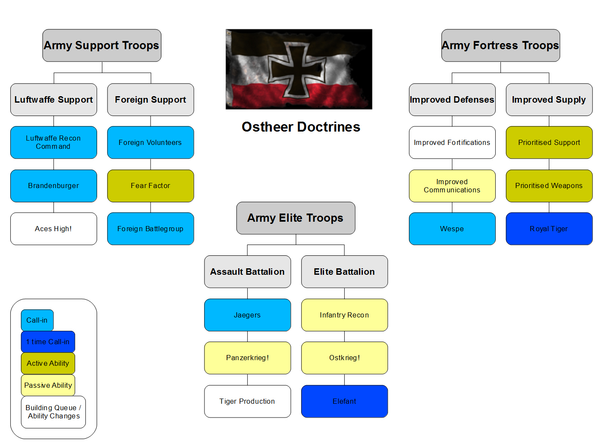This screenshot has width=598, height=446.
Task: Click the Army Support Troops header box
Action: [x=102, y=45]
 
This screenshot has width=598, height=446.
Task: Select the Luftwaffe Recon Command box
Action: [x=54, y=142]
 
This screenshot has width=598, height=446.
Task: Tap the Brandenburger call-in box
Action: [x=54, y=186]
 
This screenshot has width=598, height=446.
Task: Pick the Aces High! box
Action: [x=54, y=229]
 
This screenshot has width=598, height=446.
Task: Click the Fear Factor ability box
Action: [x=151, y=186]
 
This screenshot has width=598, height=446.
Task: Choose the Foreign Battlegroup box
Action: [x=151, y=229]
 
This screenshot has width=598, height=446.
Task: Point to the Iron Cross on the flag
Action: [x=297, y=70]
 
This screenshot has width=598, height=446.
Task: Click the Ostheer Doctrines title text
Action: [x=301, y=127]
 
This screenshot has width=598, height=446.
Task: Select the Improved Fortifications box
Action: [x=452, y=142]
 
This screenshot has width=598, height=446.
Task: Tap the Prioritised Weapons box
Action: [x=549, y=186]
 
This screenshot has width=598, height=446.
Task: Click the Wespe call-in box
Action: [x=452, y=229]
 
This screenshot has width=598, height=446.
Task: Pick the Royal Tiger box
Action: [x=549, y=229]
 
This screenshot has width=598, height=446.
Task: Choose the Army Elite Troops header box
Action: [x=296, y=218]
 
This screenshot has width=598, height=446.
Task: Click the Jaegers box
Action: [x=247, y=315]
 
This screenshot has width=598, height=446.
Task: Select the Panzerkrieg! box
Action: [x=247, y=358]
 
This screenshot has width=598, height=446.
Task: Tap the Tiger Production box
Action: [x=247, y=401]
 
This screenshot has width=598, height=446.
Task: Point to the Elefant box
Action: [x=344, y=401]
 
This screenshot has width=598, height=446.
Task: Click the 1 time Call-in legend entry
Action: [x=48, y=342]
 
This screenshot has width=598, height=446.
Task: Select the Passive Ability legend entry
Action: [x=48, y=385]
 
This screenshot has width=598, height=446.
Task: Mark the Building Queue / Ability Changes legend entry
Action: [x=54, y=412]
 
